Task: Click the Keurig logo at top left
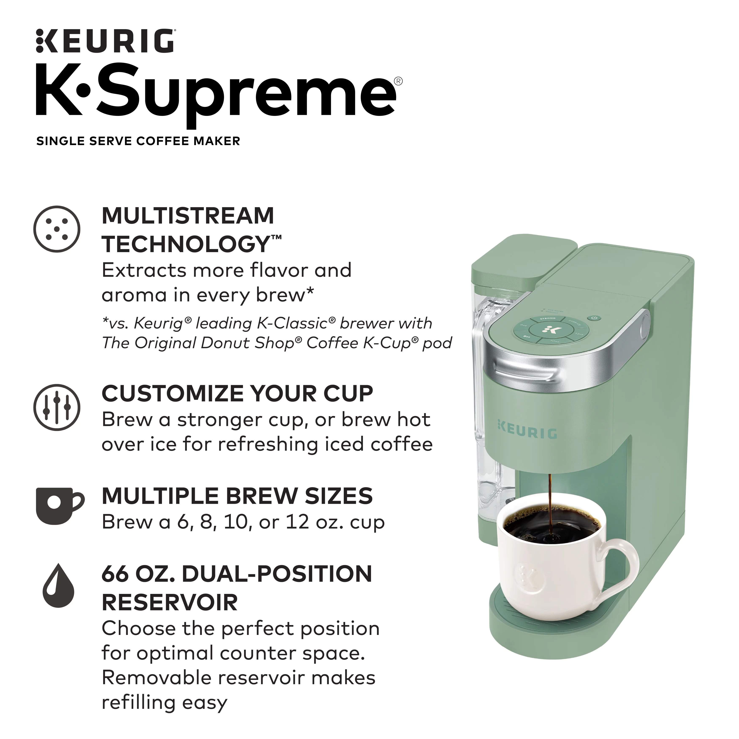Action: (x=105, y=41)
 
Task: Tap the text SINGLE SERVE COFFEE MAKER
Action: (x=138, y=141)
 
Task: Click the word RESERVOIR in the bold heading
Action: (x=170, y=602)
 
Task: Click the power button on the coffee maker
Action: (x=594, y=318)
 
